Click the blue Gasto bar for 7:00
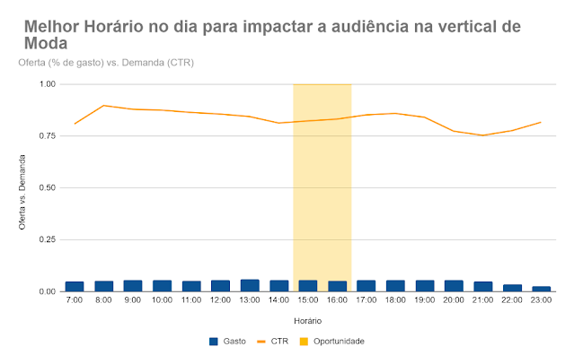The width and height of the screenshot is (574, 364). (x=75, y=286)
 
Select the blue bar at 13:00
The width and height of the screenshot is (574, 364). (x=250, y=285)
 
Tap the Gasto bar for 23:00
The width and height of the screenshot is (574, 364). (x=542, y=289)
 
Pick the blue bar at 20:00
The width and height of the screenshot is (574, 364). (x=454, y=286)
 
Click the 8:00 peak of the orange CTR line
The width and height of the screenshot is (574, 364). (x=104, y=106)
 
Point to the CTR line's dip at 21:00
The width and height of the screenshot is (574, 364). (x=483, y=135)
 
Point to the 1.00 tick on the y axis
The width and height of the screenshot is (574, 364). (x=46, y=84)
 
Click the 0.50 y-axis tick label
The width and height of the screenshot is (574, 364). (x=46, y=188)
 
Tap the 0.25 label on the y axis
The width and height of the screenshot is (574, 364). (x=46, y=240)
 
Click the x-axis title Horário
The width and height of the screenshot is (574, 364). (x=308, y=320)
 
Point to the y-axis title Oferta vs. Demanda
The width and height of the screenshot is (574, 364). (x=24, y=188)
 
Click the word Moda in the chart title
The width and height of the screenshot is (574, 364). (x=40, y=42)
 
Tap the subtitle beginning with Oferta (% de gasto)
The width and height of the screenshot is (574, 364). (x=105, y=63)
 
